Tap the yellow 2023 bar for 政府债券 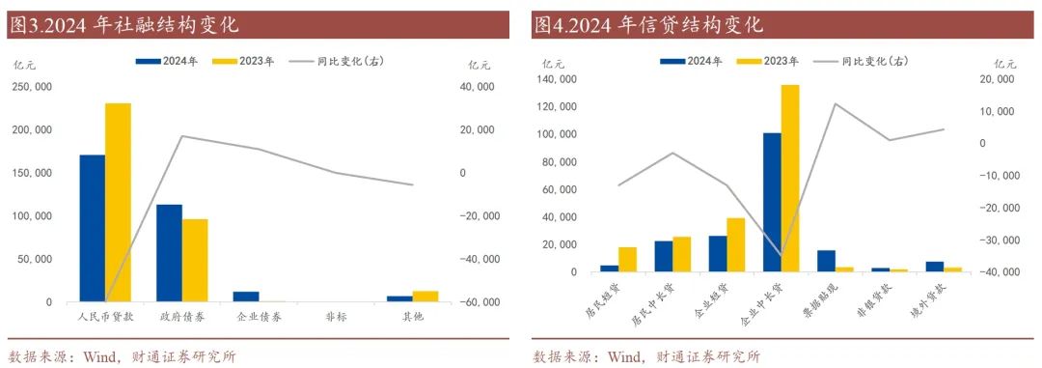pos(195,261)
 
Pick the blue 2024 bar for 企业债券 pos(246,297)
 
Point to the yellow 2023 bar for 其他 pos(425,297)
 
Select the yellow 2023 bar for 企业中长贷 pos(790,179)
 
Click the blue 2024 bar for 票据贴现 pos(826,261)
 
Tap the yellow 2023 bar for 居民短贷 pos(627,260)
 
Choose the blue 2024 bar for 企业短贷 pos(718,254)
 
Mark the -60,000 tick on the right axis pos(479,302)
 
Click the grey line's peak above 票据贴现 pos(836,103)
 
